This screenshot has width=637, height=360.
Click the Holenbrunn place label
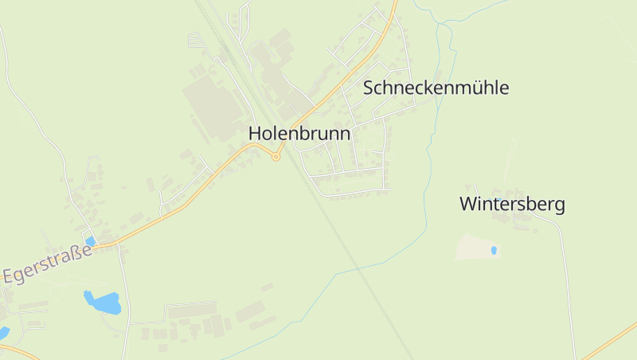(299, 134)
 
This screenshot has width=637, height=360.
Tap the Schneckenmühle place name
(436, 88)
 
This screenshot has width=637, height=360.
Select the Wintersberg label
(512, 205)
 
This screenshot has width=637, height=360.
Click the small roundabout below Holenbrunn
(276, 157)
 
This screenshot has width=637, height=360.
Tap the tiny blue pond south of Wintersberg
(494, 250)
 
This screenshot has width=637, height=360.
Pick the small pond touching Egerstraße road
(90, 241)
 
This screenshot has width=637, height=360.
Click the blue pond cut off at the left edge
(3, 332)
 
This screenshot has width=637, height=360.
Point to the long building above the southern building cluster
(191, 309)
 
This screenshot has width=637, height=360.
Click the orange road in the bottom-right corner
(609, 342)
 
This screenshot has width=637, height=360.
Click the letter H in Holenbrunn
(255, 134)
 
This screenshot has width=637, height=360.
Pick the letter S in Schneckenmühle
(369, 88)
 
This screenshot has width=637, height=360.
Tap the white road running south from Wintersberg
(567, 287)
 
